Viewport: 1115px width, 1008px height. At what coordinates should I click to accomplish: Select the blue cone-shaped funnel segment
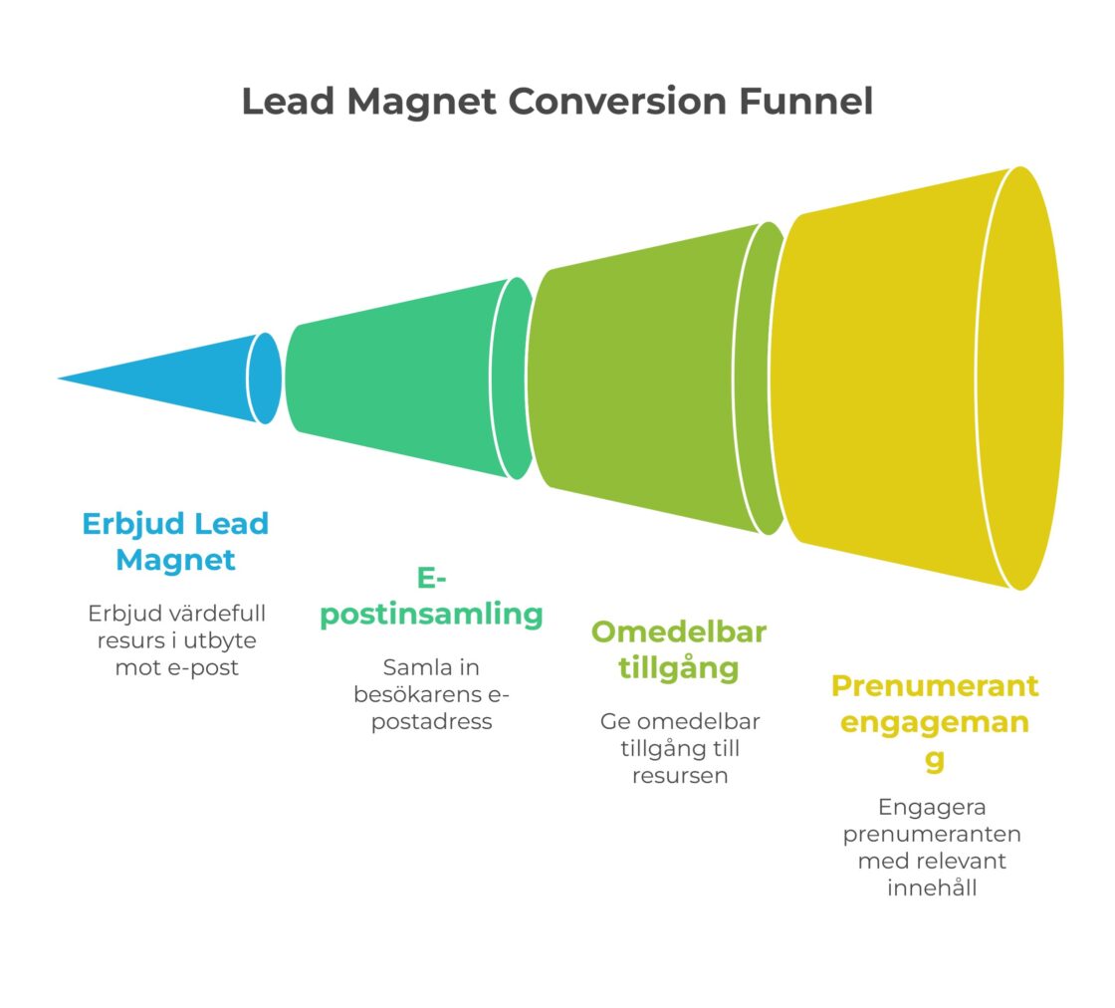[189, 378]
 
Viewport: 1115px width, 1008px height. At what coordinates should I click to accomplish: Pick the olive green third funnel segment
[647, 378]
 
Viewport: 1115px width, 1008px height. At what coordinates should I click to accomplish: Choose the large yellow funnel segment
[896, 378]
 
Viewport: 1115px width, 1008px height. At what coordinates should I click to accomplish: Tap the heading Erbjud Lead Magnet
[175, 541]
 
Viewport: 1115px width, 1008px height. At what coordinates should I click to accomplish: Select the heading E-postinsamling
[431, 598]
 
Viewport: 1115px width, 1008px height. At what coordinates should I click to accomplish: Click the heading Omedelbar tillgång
[679, 649]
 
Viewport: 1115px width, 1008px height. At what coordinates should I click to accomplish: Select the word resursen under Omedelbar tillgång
[679, 775]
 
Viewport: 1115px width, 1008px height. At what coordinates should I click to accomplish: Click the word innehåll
[933, 886]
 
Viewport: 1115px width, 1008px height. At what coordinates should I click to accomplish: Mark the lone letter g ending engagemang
[934, 760]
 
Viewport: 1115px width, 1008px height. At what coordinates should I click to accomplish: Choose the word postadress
[431, 721]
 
